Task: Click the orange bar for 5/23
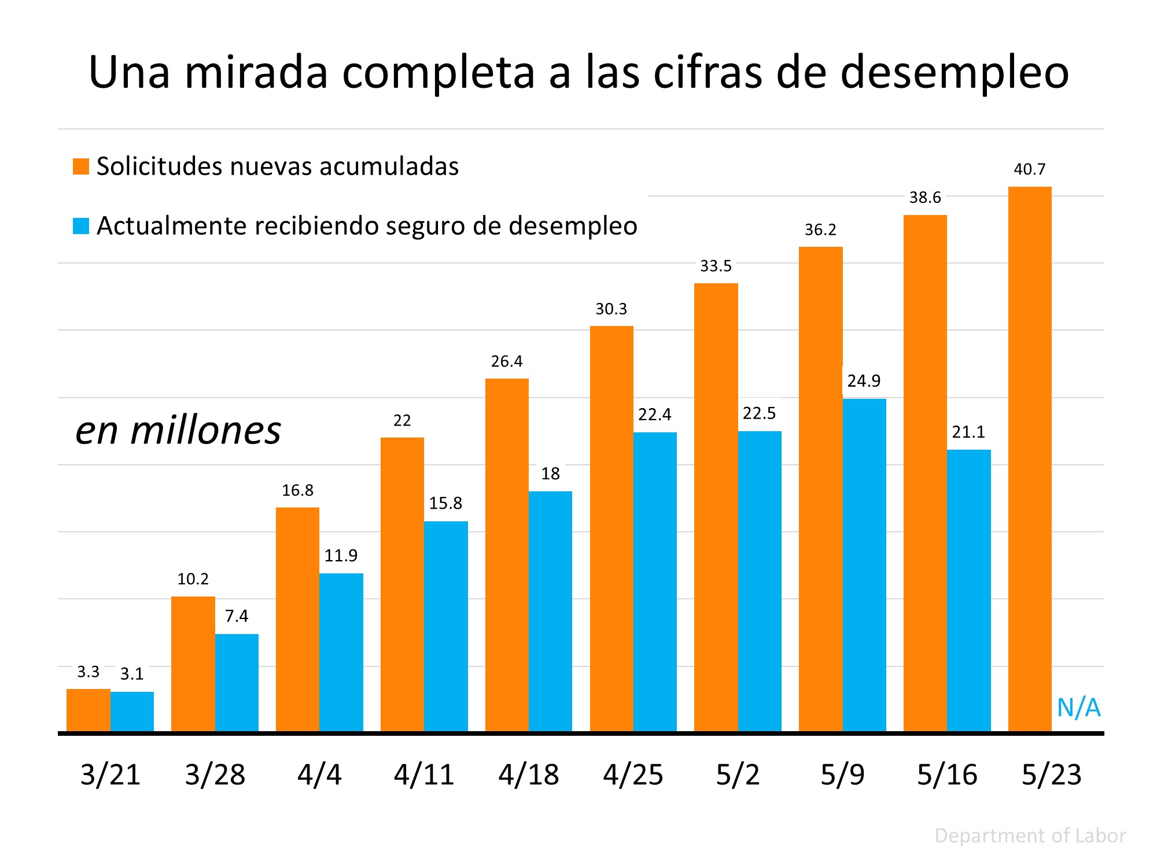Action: click(1030, 460)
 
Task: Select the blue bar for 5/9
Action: click(864, 565)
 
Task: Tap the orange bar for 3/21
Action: click(88, 710)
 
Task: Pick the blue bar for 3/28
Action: click(237, 683)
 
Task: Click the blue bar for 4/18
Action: click(550, 612)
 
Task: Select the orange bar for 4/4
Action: click(297, 620)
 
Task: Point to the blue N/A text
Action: click(1078, 707)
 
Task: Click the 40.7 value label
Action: click(1030, 169)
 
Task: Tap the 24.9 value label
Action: click(864, 381)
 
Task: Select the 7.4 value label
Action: click(237, 616)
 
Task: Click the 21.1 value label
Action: click(968, 432)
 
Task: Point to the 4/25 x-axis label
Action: click(633, 775)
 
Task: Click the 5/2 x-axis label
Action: click(738, 775)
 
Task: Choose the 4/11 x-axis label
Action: click(424, 775)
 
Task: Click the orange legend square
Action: click(81, 166)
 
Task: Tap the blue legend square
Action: click(81, 226)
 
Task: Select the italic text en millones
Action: click(178, 430)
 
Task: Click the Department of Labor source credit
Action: click(1030, 836)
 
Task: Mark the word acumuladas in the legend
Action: click(389, 166)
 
